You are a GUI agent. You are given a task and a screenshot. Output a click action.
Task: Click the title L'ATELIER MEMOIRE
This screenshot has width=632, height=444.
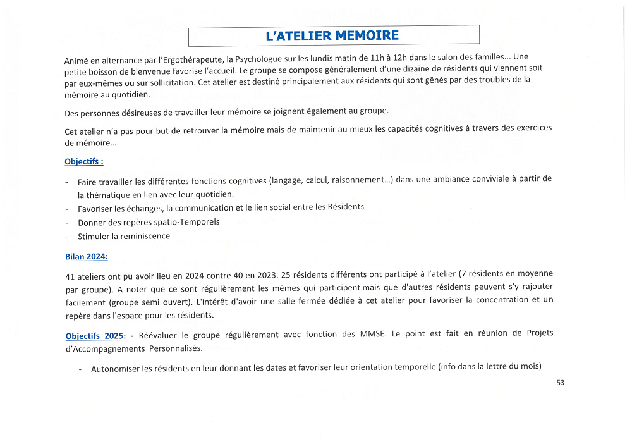coord(332,35)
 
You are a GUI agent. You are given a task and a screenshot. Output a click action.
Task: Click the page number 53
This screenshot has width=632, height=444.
coord(560,382)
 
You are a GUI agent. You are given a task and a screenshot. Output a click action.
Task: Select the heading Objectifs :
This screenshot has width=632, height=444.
coord(83,161)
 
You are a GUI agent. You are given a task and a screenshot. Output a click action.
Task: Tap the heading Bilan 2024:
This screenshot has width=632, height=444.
coord(86,256)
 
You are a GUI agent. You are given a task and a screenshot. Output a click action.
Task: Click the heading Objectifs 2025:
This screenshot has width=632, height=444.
coord(95,335)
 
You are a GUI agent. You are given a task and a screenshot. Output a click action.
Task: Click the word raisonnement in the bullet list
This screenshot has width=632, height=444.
coord(358,180)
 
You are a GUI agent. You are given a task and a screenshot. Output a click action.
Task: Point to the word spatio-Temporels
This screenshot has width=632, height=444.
coord(190,222)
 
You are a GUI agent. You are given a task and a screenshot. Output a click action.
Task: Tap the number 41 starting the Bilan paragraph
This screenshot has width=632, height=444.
coord(70,276)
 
